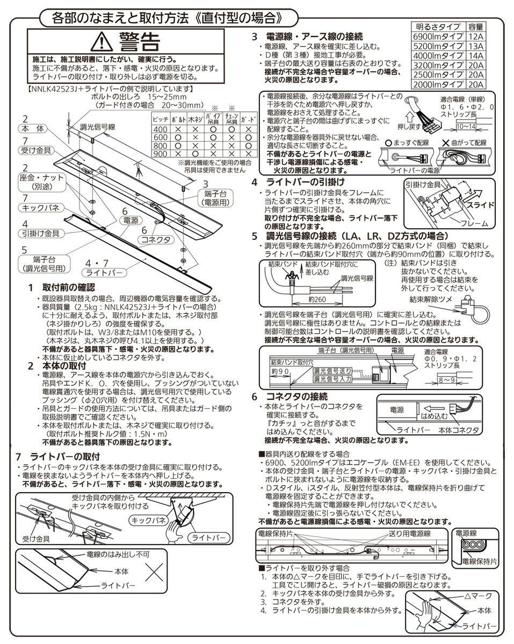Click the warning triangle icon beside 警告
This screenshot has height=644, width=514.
click(100, 40)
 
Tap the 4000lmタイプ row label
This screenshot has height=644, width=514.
click(438, 55)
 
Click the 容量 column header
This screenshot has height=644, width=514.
click(475, 26)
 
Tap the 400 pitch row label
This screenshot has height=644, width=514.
click(160, 129)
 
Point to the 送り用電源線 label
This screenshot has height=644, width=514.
click(410, 533)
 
